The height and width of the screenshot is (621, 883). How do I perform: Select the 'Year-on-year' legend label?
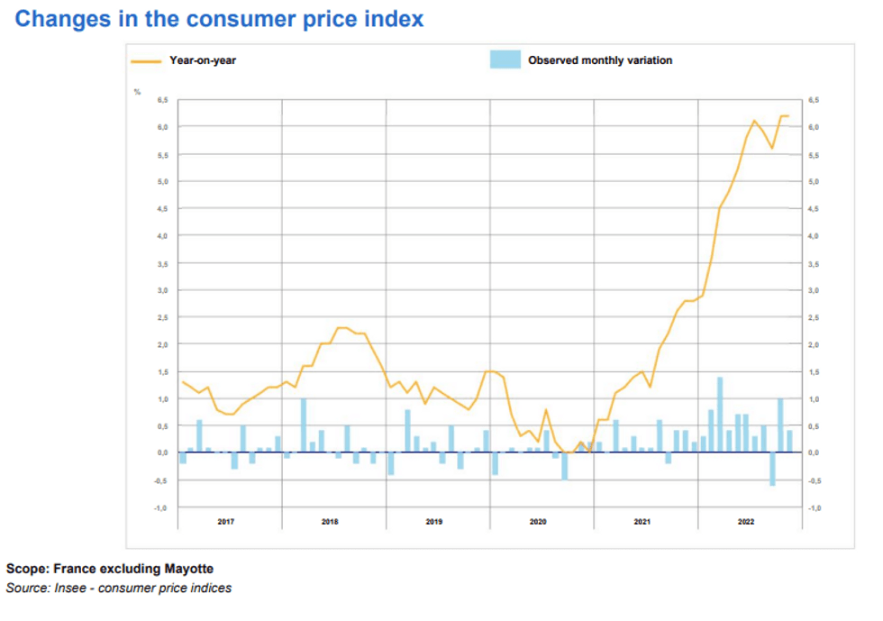click(203, 60)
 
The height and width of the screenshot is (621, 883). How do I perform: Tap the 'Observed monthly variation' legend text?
click(600, 60)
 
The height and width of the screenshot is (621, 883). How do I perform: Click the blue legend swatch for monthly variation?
click(505, 60)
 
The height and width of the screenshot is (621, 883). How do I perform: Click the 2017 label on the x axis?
click(226, 522)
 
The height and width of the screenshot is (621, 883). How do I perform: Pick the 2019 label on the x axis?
click(434, 522)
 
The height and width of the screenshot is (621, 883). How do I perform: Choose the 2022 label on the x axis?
click(746, 522)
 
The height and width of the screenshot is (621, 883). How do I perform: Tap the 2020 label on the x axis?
click(538, 522)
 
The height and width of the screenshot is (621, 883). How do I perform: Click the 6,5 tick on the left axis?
click(162, 100)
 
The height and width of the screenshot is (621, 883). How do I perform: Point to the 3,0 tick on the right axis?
click(814, 290)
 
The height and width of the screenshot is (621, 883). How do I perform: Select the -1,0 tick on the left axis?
click(161, 507)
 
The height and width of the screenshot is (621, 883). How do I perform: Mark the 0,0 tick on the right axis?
click(814, 452)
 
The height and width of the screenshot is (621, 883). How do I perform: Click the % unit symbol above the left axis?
click(138, 92)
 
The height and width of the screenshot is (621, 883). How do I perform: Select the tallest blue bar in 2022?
click(720, 415)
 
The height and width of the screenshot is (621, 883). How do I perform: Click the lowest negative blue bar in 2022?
click(772, 469)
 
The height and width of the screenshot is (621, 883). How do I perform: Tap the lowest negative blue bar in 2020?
click(565, 466)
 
